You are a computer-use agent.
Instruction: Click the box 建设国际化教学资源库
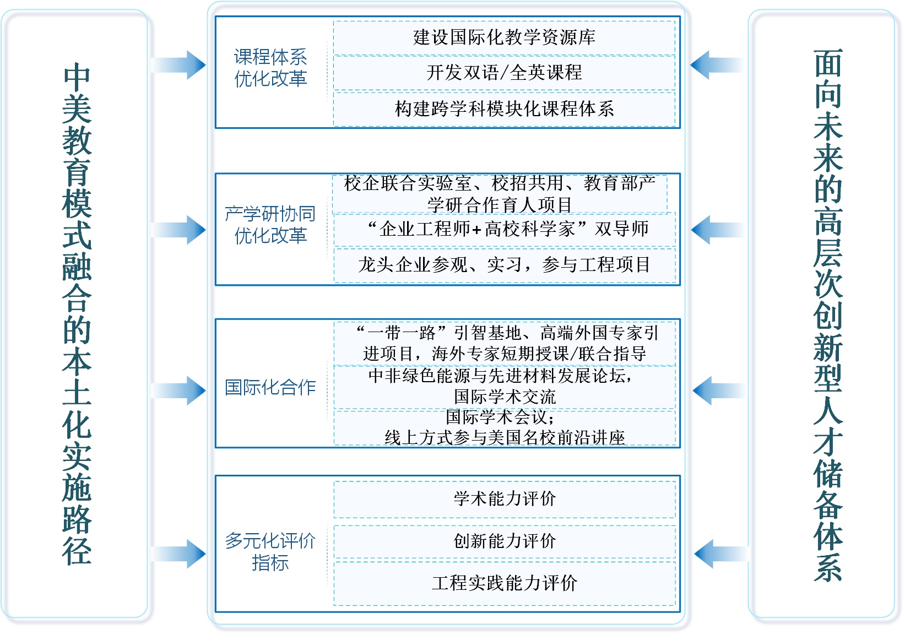504,37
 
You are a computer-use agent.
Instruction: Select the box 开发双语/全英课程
504,73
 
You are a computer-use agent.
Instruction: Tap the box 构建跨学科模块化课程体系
504,109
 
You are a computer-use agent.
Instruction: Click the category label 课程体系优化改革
270,68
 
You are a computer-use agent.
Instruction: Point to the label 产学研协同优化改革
270,225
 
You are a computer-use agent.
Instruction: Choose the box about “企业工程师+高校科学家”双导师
504,229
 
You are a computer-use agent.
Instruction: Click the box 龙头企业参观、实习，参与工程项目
504,265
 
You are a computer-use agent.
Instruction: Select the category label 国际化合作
270,387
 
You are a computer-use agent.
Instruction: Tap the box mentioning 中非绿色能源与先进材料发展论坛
504,386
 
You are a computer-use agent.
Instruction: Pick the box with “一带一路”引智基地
504,343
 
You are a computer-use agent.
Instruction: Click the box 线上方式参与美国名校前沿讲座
504,427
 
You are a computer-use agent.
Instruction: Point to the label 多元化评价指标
270,551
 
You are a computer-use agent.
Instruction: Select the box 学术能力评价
504,499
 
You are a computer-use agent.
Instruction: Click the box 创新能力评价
504,541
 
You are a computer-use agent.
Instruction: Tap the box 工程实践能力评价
504,583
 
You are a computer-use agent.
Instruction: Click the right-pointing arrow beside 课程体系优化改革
179,65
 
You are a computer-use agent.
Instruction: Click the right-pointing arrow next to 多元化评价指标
179,553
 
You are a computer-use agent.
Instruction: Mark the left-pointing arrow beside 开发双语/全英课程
716,65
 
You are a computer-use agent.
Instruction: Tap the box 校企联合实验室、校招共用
500,193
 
